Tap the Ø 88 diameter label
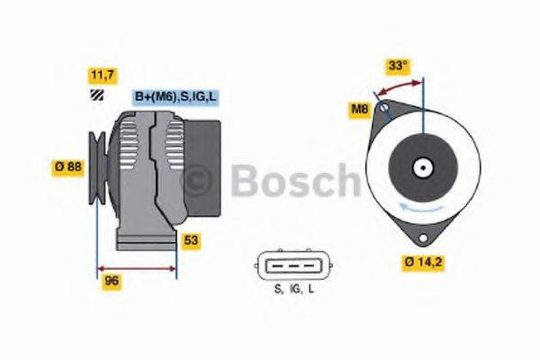pos(67,166)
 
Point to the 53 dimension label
pos(191,240)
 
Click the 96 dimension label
pos(112,280)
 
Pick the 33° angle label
pos(398,65)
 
